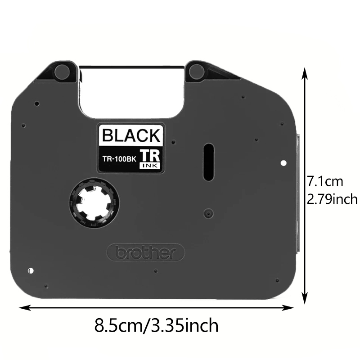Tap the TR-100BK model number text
[x=119, y=159]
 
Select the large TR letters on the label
[x=150, y=156]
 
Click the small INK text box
[x=150, y=166]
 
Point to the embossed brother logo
[x=146, y=252]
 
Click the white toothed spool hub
[x=94, y=202]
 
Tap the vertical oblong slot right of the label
[x=209, y=162]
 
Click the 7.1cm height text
[x=325, y=181]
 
